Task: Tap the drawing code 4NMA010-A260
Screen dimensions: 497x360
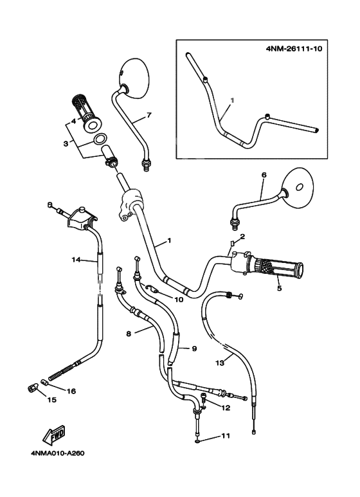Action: (x=58, y=453)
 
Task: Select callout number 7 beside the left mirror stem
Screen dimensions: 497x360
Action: (x=148, y=115)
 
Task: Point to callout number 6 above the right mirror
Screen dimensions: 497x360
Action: (x=264, y=174)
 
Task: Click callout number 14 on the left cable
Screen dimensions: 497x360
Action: (x=76, y=260)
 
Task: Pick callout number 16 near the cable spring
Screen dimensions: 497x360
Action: (x=71, y=390)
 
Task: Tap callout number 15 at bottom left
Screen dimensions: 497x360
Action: (x=51, y=399)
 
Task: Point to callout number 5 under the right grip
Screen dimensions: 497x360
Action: (x=279, y=288)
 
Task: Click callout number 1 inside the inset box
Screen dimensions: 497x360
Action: (x=233, y=101)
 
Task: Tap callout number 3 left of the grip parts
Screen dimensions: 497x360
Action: (x=65, y=143)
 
